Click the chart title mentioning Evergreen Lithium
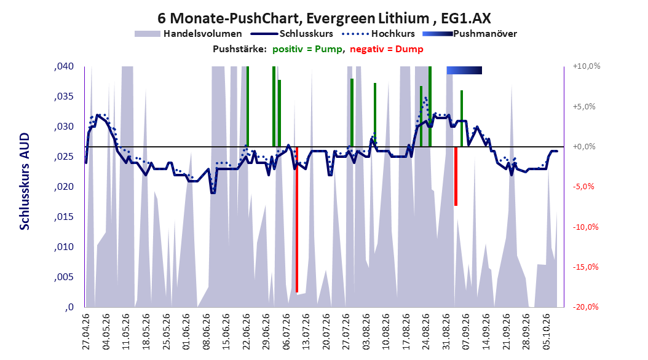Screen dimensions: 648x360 (x=324, y=18)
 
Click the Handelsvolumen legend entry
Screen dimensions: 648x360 (x=189, y=34)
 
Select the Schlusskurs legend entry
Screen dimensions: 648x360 (x=292, y=34)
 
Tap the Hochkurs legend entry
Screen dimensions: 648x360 (x=379, y=34)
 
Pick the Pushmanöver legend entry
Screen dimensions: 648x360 (x=470, y=34)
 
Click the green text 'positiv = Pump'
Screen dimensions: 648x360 (x=307, y=49)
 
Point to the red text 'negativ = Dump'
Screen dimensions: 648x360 (x=387, y=49)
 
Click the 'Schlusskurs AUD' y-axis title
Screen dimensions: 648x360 (x=25, y=181)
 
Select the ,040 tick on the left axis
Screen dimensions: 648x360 (x=64, y=66)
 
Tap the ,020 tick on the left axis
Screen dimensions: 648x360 (x=64, y=187)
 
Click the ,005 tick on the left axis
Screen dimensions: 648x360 (x=64, y=276)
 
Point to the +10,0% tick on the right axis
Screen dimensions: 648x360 (x=587, y=66)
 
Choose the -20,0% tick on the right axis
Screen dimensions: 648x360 (x=585, y=307)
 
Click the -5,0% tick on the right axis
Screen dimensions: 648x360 (x=583, y=187)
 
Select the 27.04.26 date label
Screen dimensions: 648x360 (x=86, y=332)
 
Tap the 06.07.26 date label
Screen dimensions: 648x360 (x=286, y=332)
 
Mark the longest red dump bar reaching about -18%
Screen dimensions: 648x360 (x=297, y=219)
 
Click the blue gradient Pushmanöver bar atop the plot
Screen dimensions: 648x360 (x=464, y=70)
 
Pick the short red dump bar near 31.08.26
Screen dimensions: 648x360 (x=456, y=176)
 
